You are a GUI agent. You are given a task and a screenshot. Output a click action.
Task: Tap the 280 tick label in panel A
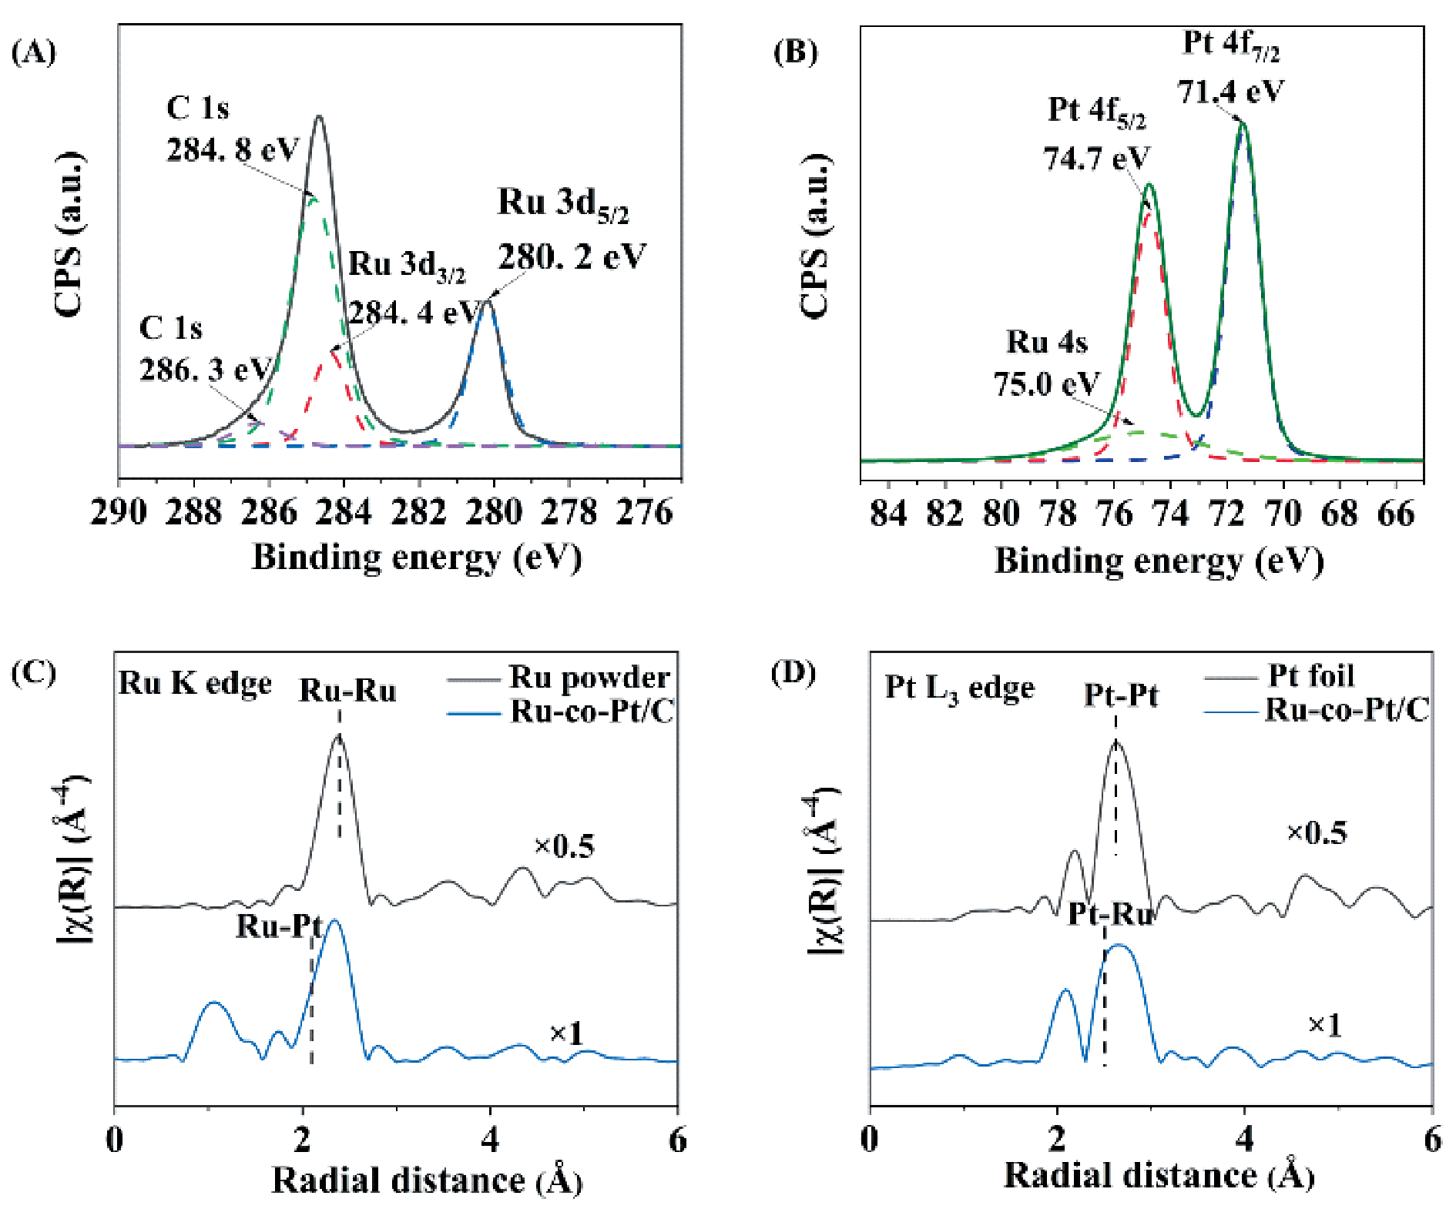[x=494, y=512]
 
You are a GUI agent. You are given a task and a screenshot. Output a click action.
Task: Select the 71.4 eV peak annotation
[x=1230, y=92]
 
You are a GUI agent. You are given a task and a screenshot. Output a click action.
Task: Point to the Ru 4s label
[x=1046, y=342]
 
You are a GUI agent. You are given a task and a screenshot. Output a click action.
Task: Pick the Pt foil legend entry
[x=1310, y=675]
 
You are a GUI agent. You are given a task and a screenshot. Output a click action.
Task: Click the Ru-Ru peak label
[x=347, y=691]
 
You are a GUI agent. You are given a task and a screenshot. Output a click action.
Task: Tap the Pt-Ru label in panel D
[x=1110, y=914]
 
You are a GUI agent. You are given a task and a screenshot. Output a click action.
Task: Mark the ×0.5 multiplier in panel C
[x=565, y=846]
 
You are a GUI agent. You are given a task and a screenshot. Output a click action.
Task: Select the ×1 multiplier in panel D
[x=1325, y=1025]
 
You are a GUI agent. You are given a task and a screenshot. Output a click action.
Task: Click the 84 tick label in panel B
[x=888, y=514]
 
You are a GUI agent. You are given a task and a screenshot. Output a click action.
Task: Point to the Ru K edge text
[x=195, y=683]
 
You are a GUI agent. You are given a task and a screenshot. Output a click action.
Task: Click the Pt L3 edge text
[x=959, y=688]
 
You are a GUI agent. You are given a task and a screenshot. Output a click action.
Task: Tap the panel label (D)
[x=793, y=673]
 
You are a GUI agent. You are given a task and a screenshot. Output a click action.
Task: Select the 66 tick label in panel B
[x=1395, y=514]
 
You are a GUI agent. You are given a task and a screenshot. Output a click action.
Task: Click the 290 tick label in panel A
[x=119, y=512]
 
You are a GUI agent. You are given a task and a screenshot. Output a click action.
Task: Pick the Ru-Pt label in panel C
[x=278, y=926]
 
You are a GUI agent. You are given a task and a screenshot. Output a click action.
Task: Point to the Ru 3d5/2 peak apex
[x=486, y=301]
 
